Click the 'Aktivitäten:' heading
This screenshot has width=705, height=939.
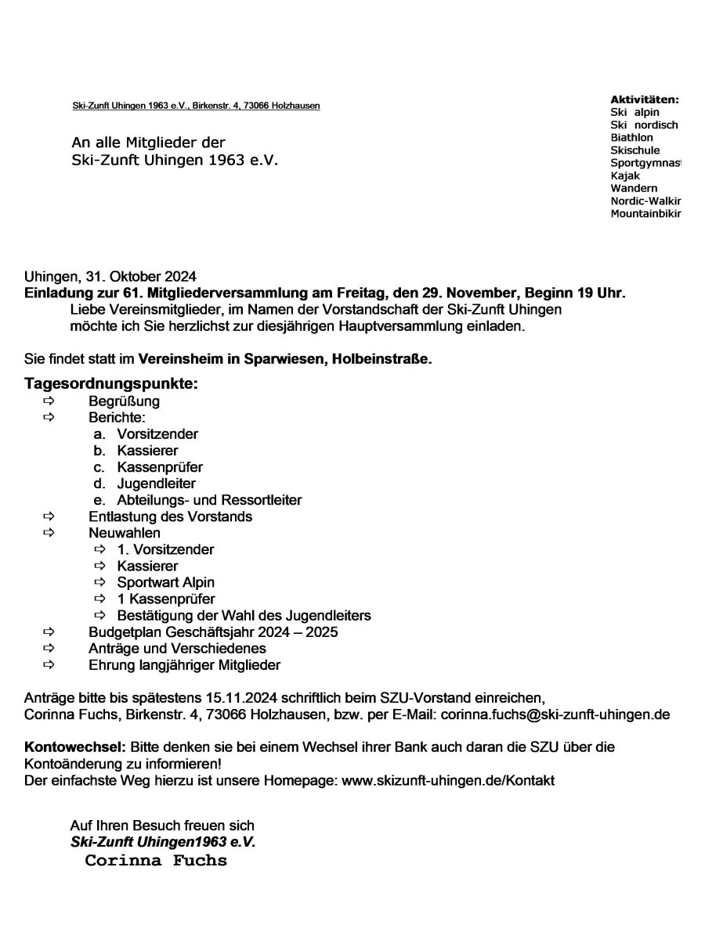(644, 99)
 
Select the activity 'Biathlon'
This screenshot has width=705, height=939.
(631, 138)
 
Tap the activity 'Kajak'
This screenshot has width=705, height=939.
(625, 175)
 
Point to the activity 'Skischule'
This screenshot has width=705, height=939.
(635, 150)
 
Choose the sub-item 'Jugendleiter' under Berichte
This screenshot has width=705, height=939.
(156, 484)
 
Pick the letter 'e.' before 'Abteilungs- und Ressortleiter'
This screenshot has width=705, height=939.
(99, 500)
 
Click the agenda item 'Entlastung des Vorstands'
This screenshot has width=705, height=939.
(170, 516)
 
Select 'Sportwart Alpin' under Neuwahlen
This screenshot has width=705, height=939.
(165, 582)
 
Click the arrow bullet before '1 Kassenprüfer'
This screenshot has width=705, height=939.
(99, 599)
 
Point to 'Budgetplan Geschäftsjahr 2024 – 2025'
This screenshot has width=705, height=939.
(213, 631)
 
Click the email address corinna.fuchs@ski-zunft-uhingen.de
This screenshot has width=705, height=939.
(555, 714)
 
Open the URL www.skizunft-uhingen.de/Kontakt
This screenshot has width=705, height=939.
(448, 781)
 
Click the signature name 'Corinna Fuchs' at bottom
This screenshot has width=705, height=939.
(156, 861)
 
